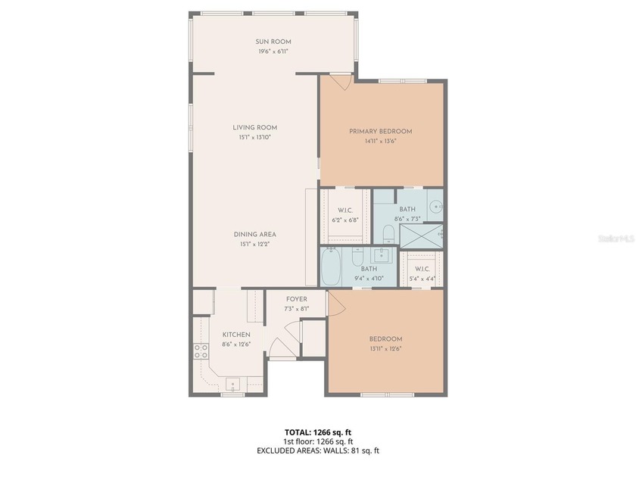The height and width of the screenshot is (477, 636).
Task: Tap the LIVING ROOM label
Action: (254, 127)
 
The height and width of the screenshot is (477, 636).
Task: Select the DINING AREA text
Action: (254, 234)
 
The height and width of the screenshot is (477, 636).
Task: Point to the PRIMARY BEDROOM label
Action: (381, 131)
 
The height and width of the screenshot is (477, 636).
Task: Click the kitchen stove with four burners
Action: (201, 350)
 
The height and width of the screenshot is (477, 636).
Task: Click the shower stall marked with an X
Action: (421, 235)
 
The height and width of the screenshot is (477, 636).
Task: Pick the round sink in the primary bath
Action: (435, 205)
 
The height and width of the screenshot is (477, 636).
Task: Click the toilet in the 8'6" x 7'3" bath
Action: (388, 232)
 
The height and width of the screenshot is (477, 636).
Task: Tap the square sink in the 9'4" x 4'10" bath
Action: (384, 255)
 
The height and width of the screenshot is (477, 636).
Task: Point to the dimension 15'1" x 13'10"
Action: (254, 137)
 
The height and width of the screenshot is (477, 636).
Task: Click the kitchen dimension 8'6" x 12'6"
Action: (235, 344)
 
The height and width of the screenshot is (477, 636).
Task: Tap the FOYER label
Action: (296, 299)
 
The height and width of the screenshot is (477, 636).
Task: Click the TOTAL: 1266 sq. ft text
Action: (317, 432)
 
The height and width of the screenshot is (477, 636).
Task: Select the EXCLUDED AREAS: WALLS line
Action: (317, 450)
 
